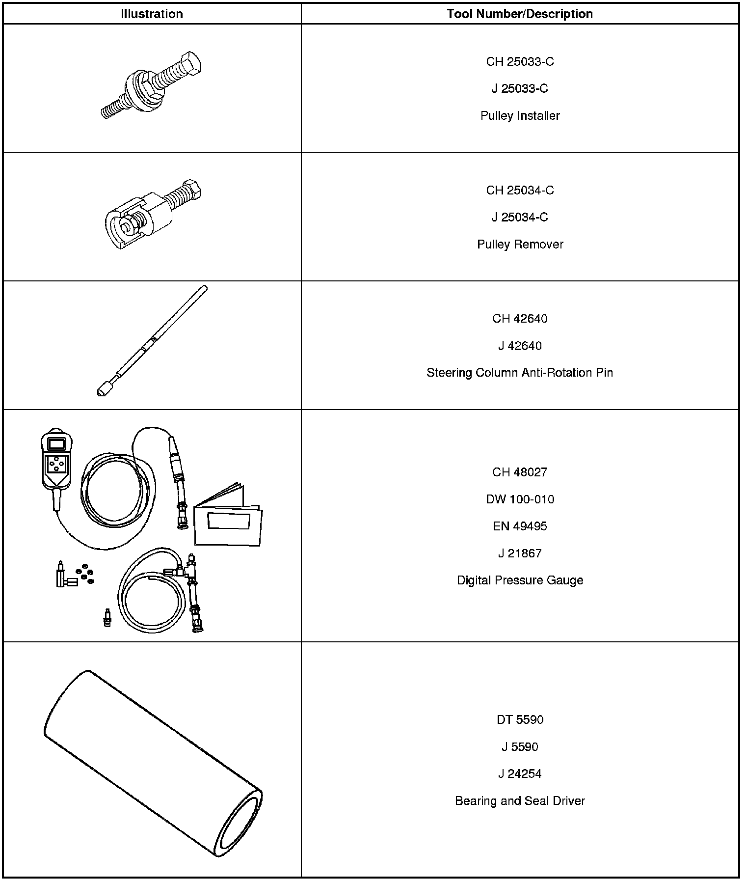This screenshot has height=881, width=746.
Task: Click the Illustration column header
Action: pyautogui.click(x=152, y=14)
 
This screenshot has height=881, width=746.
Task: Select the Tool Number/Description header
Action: pyautogui.click(x=520, y=14)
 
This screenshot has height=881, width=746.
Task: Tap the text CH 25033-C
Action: pyautogui.click(x=520, y=61)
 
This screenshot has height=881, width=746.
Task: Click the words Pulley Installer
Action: pyautogui.click(x=520, y=116)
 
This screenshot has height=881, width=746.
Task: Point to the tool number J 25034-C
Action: pyautogui.click(x=520, y=217)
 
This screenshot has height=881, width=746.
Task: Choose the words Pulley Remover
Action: pyautogui.click(x=520, y=244)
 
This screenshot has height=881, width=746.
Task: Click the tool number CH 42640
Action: pyautogui.click(x=520, y=319)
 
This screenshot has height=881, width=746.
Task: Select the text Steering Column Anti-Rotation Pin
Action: pyautogui.click(x=520, y=373)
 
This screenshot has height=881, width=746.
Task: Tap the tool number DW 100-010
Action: pyautogui.click(x=520, y=499)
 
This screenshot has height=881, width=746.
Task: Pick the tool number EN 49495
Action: pyautogui.click(x=520, y=526)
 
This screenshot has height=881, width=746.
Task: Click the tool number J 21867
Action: pyautogui.click(x=520, y=553)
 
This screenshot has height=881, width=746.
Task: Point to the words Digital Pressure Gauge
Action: pyautogui.click(x=520, y=580)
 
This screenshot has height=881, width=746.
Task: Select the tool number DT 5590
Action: pyautogui.click(x=520, y=720)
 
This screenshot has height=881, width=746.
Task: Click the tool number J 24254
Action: pyautogui.click(x=520, y=774)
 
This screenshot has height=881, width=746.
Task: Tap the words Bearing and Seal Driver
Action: pyautogui.click(x=520, y=801)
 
